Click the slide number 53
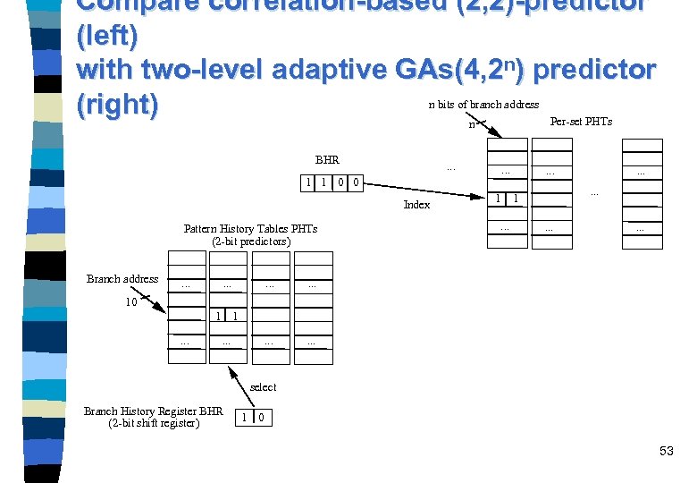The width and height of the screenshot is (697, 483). (x=666, y=451)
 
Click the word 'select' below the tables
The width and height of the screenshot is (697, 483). (x=264, y=387)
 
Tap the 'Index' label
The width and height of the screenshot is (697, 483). (x=416, y=205)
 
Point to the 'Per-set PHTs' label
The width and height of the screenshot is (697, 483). (x=581, y=122)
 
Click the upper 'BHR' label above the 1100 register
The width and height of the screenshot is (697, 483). (x=327, y=160)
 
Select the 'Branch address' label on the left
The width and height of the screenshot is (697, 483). (x=122, y=279)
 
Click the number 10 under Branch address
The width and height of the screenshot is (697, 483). (x=130, y=301)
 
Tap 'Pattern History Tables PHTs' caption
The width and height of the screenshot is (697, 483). (x=250, y=229)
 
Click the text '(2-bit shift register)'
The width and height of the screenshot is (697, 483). (x=154, y=423)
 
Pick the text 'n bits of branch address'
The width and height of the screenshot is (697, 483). (x=483, y=105)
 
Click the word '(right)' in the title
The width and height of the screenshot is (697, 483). (x=118, y=105)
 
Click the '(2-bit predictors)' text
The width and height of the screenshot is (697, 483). (x=251, y=241)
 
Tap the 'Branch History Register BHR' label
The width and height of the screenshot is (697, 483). (x=154, y=411)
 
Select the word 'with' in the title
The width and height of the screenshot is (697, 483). (x=106, y=70)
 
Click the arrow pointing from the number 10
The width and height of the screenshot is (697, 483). (x=153, y=305)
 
